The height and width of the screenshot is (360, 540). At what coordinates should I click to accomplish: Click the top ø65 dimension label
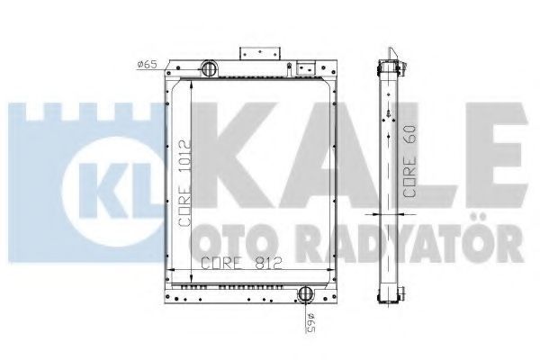tap(147, 64)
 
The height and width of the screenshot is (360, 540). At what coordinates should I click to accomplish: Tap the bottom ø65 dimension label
tap(310, 323)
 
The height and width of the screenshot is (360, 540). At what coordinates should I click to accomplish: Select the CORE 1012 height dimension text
tap(184, 183)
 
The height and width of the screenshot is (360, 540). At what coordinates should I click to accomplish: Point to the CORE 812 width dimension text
tap(241, 263)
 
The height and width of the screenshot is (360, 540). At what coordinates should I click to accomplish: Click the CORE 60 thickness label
tap(409, 162)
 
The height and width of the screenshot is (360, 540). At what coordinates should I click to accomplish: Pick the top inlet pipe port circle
tap(209, 68)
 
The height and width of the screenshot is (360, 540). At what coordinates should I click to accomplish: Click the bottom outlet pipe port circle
tap(305, 293)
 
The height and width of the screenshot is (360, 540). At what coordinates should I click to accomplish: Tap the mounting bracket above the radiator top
tap(260, 53)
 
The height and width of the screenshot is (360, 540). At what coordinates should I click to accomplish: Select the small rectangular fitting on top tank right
tap(306, 67)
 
